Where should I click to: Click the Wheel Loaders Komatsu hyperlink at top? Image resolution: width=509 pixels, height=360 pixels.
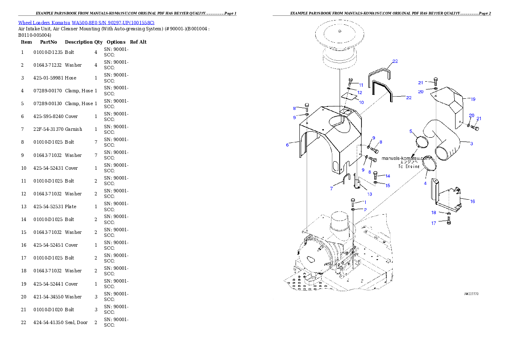[x=86, y=22]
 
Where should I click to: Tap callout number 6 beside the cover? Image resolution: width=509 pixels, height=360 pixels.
[x=287, y=145]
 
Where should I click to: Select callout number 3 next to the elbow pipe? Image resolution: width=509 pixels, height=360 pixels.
[x=471, y=144]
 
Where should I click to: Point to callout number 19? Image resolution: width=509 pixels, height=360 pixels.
[x=473, y=99]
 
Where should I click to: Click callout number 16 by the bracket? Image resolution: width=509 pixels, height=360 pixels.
[x=472, y=201]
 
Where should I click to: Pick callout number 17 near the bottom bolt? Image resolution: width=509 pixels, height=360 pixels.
[x=433, y=223]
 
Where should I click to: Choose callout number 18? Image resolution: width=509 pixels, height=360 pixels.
[x=433, y=212]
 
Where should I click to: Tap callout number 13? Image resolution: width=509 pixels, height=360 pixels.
[x=369, y=194]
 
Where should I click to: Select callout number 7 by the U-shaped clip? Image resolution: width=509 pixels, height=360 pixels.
[x=331, y=188]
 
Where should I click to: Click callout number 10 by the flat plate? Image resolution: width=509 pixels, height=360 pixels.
[x=361, y=103]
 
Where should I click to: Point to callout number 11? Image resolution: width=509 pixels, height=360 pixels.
[x=361, y=85]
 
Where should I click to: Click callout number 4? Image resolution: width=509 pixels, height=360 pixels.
[x=425, y=183]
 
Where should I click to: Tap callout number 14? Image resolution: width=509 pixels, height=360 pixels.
[x=388, y=176]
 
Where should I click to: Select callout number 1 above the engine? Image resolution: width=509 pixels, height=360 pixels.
[x=365, y=202]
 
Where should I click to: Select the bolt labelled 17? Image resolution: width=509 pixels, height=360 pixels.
[x=448, y=221]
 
